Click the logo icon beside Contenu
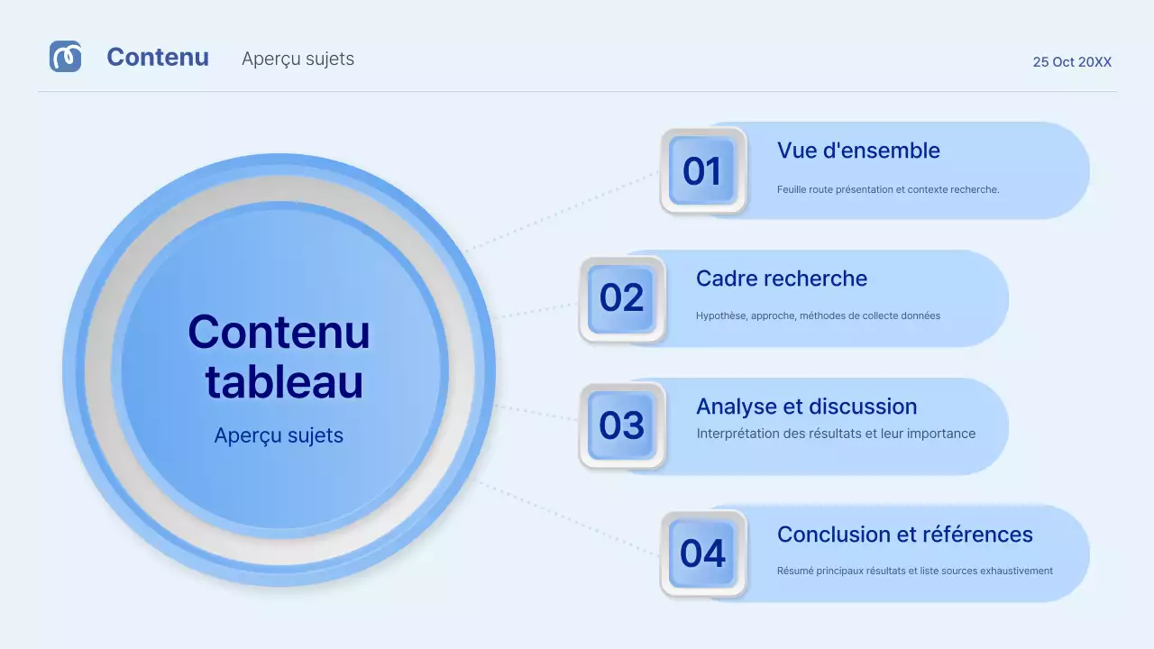point(65,57)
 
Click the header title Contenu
point(158,58)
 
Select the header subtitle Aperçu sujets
point(298,59)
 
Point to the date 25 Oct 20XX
point(1072,62)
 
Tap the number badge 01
point(702,171)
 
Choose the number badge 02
point(621,298)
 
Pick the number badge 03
point(621,425)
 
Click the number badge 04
point(702,553)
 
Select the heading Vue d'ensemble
point(858,151)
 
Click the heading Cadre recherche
point(781,279)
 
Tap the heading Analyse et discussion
point(806,407)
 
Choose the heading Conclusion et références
point(904,535)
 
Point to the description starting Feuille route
point(887,189)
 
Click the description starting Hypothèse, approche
point(818,316)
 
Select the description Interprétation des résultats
point(836,434)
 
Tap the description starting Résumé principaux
point(914,571)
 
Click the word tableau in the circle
point(284,382)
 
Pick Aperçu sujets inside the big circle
point(279,435)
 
